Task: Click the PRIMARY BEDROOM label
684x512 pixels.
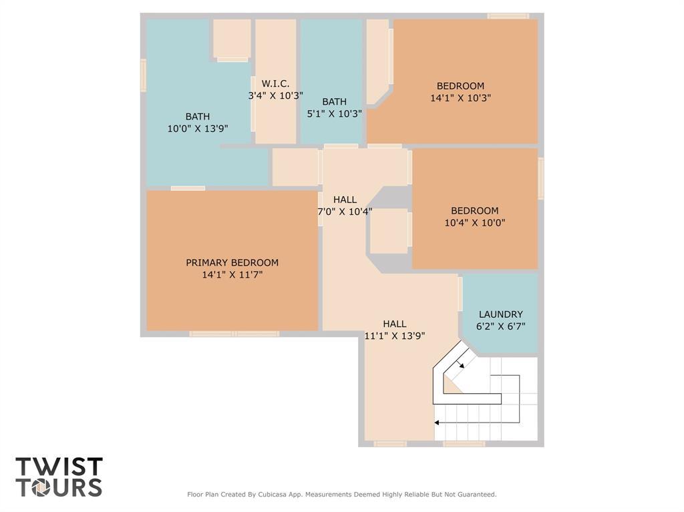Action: click(232, 262)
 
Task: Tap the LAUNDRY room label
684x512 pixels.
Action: click(500, 314)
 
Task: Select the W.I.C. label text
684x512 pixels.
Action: click(275, 83)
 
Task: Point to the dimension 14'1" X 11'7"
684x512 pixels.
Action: click(232, 274)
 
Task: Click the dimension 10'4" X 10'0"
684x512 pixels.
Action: click(474, 223)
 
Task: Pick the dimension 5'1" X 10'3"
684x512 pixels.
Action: click(334, 113)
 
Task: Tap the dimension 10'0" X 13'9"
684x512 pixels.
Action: click(197, 128)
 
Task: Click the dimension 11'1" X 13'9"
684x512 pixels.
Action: click(394, 336)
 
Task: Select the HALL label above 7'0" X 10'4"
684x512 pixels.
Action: click(345, 200)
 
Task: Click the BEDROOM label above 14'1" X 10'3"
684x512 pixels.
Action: click(460, 85)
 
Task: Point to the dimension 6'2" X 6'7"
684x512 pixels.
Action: click(500, 326)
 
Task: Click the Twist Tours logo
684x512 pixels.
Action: click(59, 477)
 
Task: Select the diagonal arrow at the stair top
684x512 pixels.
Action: click(462, 364)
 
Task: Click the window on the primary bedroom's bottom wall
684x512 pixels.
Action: click(234, 334)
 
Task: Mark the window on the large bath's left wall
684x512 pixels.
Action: click(143, 75)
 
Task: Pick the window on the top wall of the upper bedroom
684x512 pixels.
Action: click(508, 16)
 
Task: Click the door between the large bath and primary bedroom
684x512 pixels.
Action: click(188, 188)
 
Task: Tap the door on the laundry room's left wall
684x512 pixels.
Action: click(460, 294)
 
